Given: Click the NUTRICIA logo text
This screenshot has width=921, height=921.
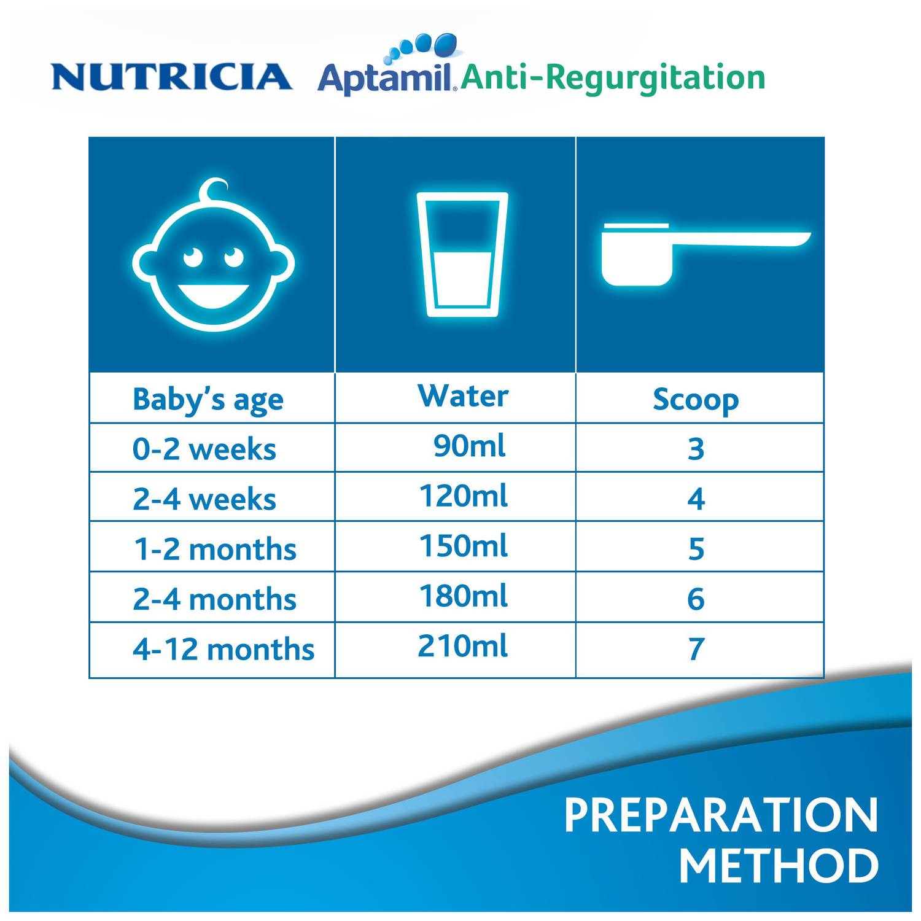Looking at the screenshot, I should [x=171, y=77].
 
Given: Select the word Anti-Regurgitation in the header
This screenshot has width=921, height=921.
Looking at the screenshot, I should [x=613, y=78].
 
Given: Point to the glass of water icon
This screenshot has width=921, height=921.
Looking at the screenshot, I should [x=462, y=254].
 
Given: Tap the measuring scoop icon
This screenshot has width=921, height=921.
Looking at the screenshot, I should [x=700, y=254].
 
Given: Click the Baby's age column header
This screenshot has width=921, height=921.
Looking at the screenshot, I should [x=208, y=400].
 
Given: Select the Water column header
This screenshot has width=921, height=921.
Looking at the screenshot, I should [x=463, y=396].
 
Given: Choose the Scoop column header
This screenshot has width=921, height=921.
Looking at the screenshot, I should [x=696, y=400].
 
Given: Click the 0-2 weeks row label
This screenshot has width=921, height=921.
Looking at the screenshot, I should [x=204, y=449].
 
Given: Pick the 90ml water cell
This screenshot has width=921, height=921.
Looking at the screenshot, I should [x=469, y=446].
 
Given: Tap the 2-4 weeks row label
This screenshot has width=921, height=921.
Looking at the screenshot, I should [x=204, y=499].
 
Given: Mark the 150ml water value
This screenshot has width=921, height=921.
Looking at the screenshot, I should [x=463, y=546].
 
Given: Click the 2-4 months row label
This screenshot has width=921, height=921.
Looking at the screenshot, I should [x=214, y=599].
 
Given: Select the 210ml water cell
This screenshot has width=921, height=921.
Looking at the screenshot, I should [x=463, y=647].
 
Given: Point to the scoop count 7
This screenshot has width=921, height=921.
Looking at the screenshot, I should [x=696, y=649].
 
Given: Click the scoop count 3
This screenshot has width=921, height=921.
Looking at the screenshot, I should [x=696, y=449].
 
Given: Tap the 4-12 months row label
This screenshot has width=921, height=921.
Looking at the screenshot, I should [x=223, y=650].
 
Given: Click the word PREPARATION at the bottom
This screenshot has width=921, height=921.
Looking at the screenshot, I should [x=721, y=815].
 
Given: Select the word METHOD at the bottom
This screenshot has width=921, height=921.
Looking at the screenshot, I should [x=778, y=866].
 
